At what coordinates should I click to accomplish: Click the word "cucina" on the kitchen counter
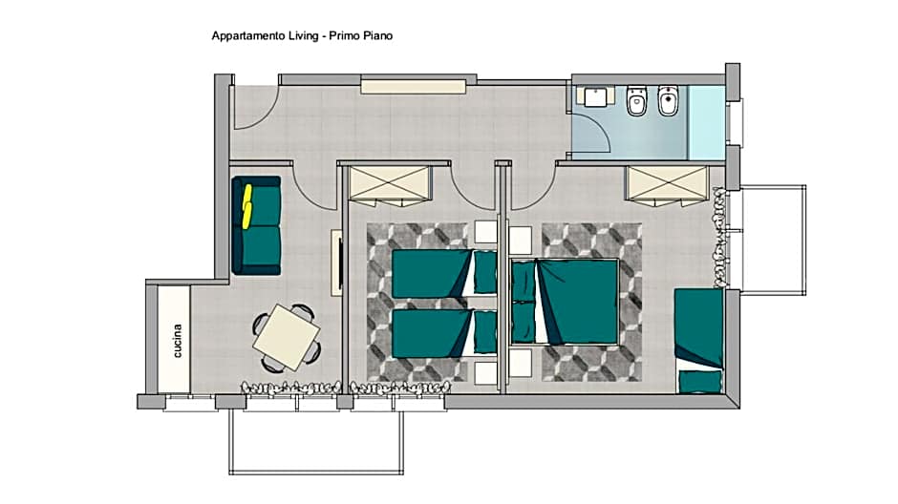tap(178, 341)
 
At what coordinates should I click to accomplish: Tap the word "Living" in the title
tap(304, 35)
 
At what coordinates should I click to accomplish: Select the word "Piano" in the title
tap(377, 35)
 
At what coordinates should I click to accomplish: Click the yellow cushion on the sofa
tap(247, 206)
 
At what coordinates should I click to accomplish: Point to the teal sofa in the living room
tap(256, 225)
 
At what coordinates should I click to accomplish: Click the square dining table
tap(287, 337)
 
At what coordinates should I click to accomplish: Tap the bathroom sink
tap(595, 96)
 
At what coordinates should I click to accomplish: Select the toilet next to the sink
tap(637, 100)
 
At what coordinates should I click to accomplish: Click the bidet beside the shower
tap(668, 100)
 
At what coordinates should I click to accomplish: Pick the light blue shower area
tap(706, 122)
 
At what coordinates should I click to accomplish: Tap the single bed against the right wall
tap(698, 341)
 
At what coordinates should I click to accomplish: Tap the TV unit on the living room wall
tap(336, 262)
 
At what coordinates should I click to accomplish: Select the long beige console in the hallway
tap(414, 86)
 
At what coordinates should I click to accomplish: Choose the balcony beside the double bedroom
tap(773, 240)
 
